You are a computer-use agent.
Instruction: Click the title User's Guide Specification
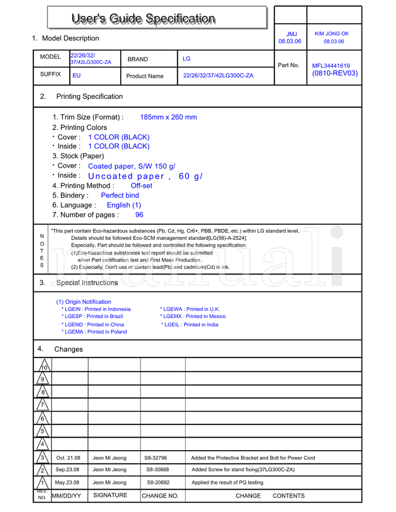144,19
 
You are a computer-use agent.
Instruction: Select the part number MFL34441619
331,66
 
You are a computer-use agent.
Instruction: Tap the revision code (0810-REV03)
335,74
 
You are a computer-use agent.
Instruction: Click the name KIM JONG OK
332,34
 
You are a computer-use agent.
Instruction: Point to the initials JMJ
292,34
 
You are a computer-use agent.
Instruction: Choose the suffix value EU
76,76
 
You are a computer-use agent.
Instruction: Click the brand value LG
187,59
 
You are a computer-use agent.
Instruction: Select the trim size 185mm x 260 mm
168,117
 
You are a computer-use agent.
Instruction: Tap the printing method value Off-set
141,186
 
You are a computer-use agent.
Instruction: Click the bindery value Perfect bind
120,195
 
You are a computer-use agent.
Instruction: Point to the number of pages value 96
139,215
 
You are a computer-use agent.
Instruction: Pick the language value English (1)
124,205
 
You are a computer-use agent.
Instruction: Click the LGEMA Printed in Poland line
94,332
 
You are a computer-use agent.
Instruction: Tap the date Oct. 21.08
68,458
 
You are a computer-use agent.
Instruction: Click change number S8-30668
157,470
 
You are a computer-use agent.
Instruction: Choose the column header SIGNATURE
110,495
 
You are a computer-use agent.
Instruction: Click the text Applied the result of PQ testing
228,483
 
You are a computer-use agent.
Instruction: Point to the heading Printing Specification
89,96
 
